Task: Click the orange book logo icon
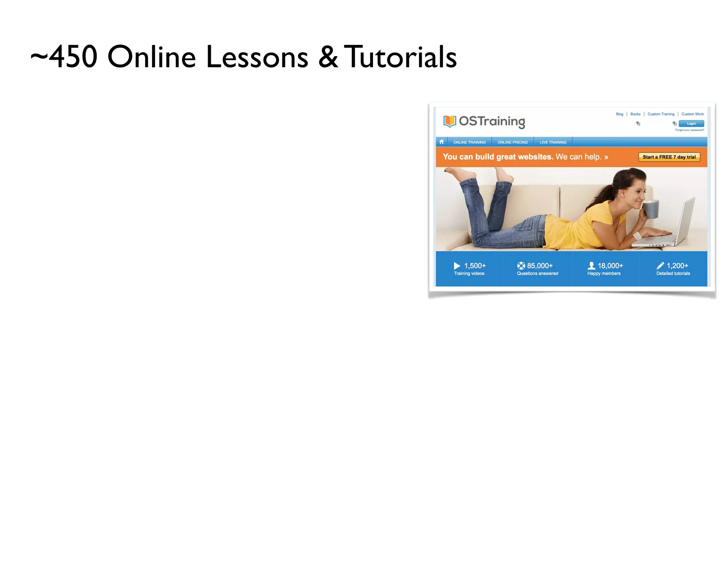(x=449, y=121)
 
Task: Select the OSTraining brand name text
(x=492, y=121)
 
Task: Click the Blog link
(x=619, y=114)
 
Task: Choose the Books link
(x=635, y=114)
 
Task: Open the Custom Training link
(x=661, y=114)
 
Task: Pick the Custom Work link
(x=692, y=114)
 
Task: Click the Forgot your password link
(x=689, y=130)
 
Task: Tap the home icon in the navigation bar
(x=442, y=142)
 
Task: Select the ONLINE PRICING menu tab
(x=513, y=142)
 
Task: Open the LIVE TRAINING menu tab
(x=553, y=142)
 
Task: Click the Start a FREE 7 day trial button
(x=669, y=157)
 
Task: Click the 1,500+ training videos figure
(x=475, y=266)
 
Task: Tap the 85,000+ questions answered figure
(x=540, y=266)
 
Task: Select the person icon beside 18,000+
(x=591, y=266)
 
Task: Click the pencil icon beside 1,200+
(x=660, y=266)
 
